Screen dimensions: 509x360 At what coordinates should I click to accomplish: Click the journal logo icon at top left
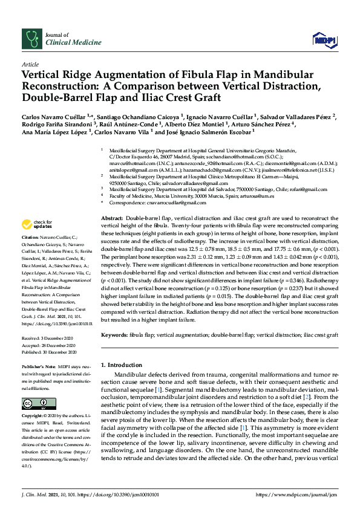pos(30,38)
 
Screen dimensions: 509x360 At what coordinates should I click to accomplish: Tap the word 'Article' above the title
pos(30,63)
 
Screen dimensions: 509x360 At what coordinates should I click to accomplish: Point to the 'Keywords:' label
pos(115,334)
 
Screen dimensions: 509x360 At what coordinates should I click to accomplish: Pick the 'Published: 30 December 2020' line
pos(49,351)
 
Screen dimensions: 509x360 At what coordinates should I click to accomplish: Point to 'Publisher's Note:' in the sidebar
pos(39,367)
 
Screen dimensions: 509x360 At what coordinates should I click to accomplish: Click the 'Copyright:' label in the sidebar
pos(33,417)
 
